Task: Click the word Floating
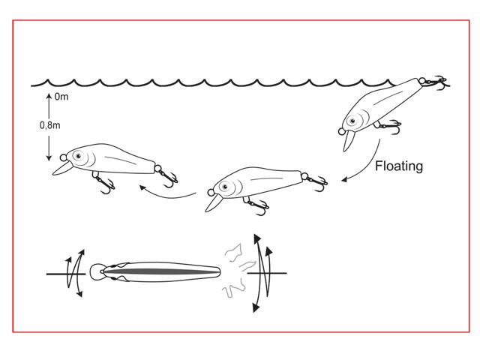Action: (x=399, y=166)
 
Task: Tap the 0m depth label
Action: (x=61, y=97)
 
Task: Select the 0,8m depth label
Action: (x=50, y=125)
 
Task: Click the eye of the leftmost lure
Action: (x=78, y=156)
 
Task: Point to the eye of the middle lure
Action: (x=225, y=187)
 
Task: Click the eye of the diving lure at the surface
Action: (x=352, y=121)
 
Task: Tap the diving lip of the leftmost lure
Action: (x=62, y=168)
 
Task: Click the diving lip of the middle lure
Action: (x=213, y=203)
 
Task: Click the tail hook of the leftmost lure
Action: (x=168, y=177)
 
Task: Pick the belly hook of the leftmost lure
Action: (x=104, y=183)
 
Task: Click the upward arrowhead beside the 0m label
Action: (x=49, y=97)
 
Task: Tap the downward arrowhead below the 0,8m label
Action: (x=49, y=158)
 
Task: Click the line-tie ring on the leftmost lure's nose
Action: (x=63, y=157)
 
